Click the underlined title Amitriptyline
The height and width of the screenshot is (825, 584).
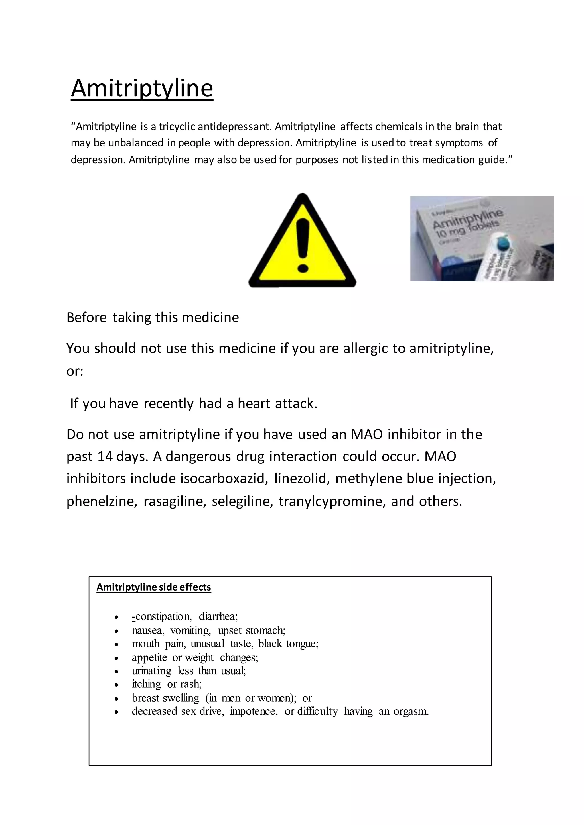coord(142,88)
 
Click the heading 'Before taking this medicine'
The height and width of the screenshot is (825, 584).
coord(153,318)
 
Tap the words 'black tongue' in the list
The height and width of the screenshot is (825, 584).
coord(288,644)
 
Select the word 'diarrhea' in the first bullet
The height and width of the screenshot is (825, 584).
coord(218,616)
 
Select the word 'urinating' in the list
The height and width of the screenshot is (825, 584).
coord(151,671)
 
